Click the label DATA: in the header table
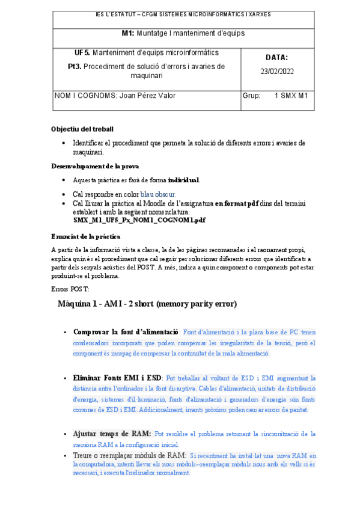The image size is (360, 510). (276, 58)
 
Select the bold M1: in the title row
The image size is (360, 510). (128, 33)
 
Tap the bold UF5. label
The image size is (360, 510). (82, 53)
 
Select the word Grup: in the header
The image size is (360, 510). (251, 96)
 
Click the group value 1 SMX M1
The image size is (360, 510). (290, 96)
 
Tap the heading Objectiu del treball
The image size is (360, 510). (82, 129)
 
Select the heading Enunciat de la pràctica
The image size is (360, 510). (86, 236)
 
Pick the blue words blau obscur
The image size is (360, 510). (158, 195)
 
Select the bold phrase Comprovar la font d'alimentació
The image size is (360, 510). (126, 331)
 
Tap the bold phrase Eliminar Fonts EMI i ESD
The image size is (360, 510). (117, 378)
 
